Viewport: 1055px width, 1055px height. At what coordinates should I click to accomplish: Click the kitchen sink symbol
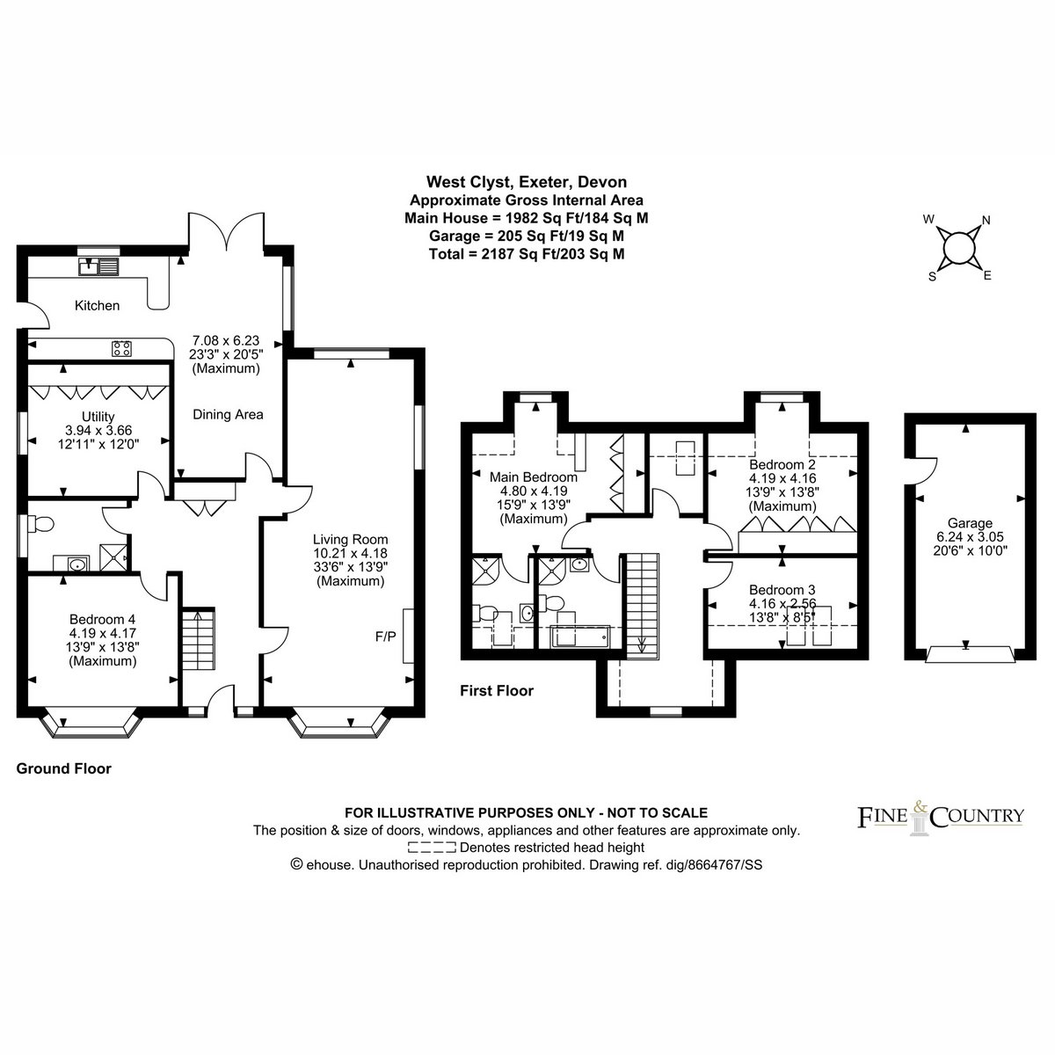tap(98, 266)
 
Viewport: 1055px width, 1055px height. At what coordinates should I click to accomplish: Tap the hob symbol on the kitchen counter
tap(121, 348)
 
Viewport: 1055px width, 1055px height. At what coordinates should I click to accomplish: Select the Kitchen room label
tap(97, 305)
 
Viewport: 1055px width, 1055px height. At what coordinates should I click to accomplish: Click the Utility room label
tap(98, 418)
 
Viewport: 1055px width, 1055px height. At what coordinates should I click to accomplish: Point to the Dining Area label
tap(228, 414)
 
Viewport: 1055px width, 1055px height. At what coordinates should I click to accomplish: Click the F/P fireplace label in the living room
tap(385, 637)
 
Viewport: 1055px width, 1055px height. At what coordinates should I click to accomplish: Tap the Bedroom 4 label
tap(102, 619)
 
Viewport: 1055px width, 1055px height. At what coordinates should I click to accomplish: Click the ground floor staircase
tap(198, 638)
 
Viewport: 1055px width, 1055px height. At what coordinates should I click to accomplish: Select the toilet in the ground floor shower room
tap(40, 525)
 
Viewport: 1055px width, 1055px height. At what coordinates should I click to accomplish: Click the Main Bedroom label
tap(534, 477)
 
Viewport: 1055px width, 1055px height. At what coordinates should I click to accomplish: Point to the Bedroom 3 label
tap(782, 590)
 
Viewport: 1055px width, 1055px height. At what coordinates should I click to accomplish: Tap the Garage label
tap(970, 523)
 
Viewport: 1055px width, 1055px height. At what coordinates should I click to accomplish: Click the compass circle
tap(959, 249)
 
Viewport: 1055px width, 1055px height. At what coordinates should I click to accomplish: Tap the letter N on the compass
tap(986, 221)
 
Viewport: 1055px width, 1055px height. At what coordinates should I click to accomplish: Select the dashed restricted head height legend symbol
tap(432, 848)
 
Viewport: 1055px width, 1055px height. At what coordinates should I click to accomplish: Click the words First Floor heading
tap(497, 691)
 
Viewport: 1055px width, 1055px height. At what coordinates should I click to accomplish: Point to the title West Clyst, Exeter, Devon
tap(527, 182)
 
